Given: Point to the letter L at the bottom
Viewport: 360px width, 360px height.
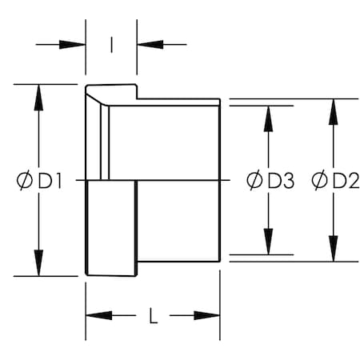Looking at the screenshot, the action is (x=153, y=316).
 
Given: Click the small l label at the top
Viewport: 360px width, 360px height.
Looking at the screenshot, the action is (x=111, y=45).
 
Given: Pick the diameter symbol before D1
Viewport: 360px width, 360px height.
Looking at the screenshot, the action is (x=25, y=181).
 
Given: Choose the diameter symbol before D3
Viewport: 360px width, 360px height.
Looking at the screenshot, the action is (x=254, y=181).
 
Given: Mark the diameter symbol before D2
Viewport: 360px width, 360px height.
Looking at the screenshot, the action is (x=320, y=181).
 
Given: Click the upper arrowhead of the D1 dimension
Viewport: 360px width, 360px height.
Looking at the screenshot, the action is (x=38, y=98).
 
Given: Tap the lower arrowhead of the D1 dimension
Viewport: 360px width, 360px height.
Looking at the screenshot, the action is (x=38, y=263).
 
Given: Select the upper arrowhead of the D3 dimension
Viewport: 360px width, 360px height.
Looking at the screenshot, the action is (x=268, y=119).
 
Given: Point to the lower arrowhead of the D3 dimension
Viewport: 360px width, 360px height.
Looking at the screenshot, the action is (x=268, y=242).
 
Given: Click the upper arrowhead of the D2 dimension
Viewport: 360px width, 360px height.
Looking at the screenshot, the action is (x=334, y=112).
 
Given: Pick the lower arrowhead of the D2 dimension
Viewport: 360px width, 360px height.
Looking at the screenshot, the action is (x=334, y=249).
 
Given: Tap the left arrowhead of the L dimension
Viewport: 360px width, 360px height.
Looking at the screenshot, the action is (x=99, y=315).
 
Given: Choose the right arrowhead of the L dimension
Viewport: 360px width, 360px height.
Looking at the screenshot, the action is (x=207, y=315).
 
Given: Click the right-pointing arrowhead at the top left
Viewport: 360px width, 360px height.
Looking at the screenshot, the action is (x=72, y=45).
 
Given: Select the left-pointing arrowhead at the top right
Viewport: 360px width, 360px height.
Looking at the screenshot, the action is (x=150, y=45).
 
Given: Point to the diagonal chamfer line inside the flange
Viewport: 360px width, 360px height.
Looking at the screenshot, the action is (x=96, y=100).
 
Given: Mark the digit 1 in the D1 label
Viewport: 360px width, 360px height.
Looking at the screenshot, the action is (x=58, y=181).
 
